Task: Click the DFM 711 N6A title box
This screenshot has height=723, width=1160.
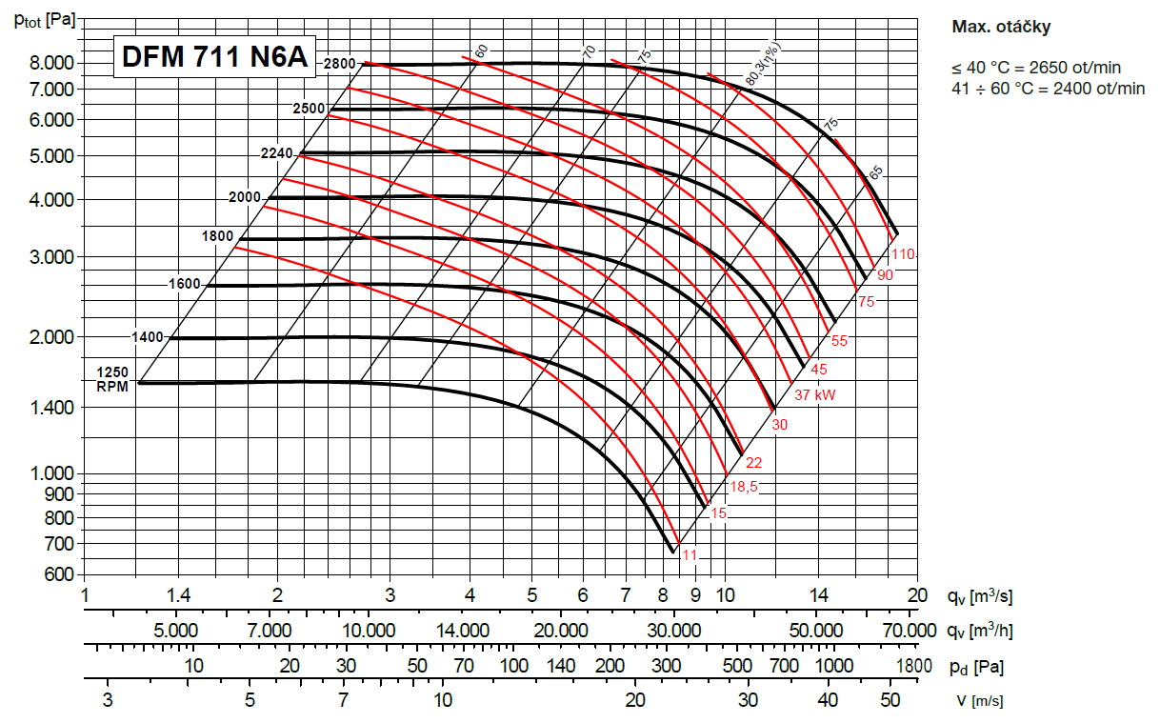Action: pyautogui.click(x=213, y=58)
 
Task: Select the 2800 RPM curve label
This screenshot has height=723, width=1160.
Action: pyautogui.click(x=340, y=64)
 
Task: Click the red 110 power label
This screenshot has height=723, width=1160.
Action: pyautogui.click(x=904, y=254)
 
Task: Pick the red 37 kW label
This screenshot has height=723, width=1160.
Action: pyautogui.click(x=816, y=393)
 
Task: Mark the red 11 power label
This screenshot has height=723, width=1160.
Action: pyautogui.click(x=690, y=555)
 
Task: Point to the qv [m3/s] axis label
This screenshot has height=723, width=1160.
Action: pyautogui.click(x=978, y=597)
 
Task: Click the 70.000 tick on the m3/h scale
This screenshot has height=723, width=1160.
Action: pyautogui.click(x=910, y=631)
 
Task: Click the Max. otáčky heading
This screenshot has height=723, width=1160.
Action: pyautogui.click(x=1001, y=28)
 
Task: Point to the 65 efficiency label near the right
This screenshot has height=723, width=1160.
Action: pyautogui.click(x=876, y=171)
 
